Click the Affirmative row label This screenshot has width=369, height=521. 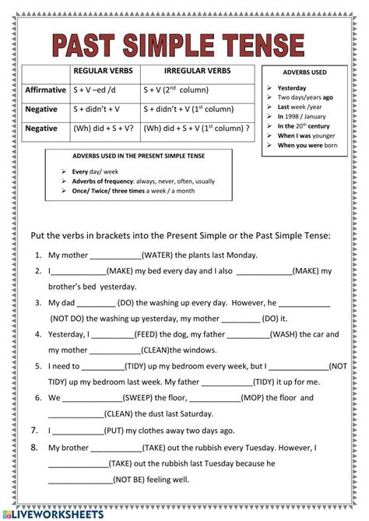(45, 90)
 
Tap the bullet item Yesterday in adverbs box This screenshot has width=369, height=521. (292, 88)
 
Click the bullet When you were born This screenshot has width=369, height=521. (307, 145)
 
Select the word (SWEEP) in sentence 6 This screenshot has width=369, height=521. (137, 397)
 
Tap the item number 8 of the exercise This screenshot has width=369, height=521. (34, 447)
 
